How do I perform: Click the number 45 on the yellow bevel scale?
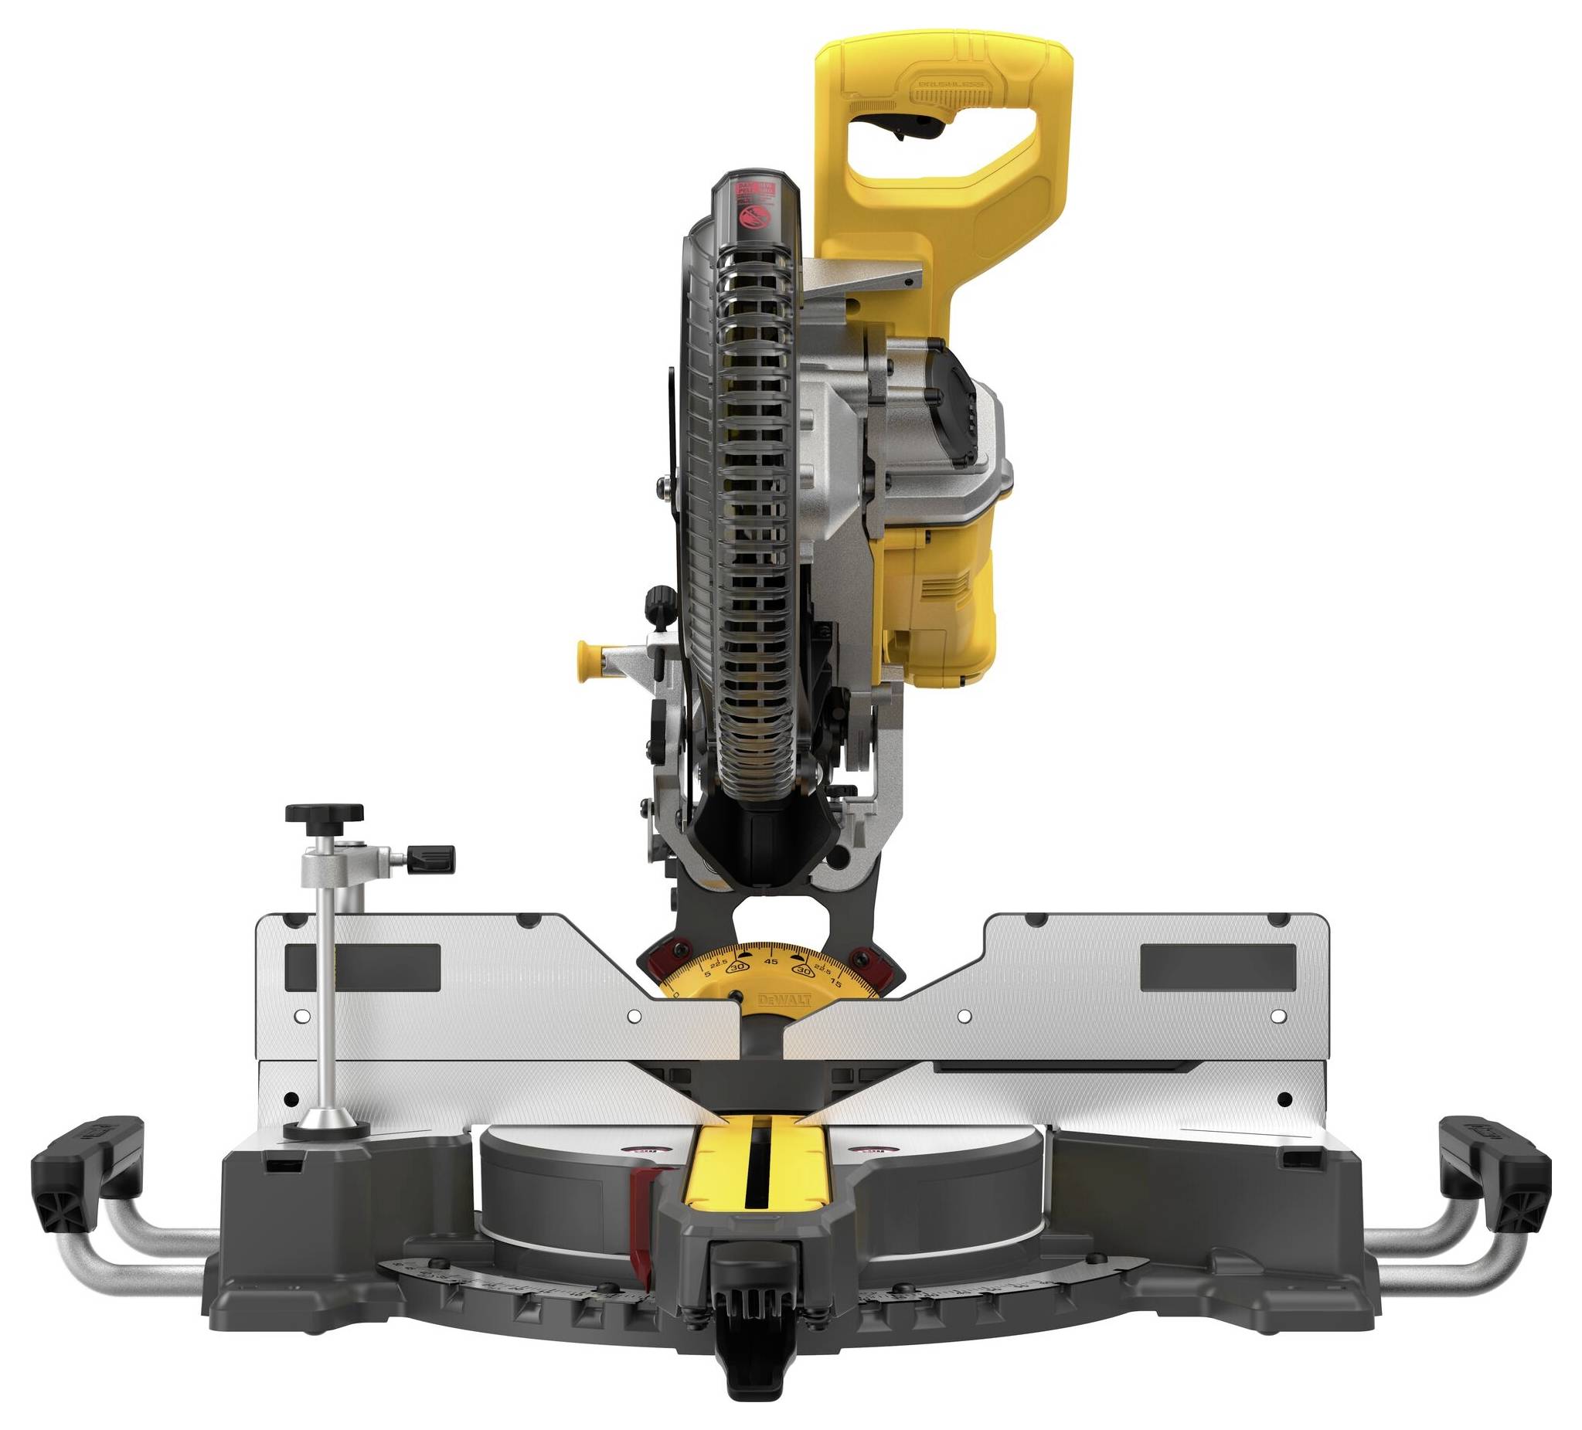(x=771, y=961)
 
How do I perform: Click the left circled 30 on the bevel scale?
(x=737, y=969)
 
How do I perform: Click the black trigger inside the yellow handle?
(x=901, y=124)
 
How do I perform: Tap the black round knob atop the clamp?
(x=324, y=813)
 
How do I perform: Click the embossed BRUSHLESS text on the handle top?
(x=949, y=88)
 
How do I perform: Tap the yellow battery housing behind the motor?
(x=941, y=596)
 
